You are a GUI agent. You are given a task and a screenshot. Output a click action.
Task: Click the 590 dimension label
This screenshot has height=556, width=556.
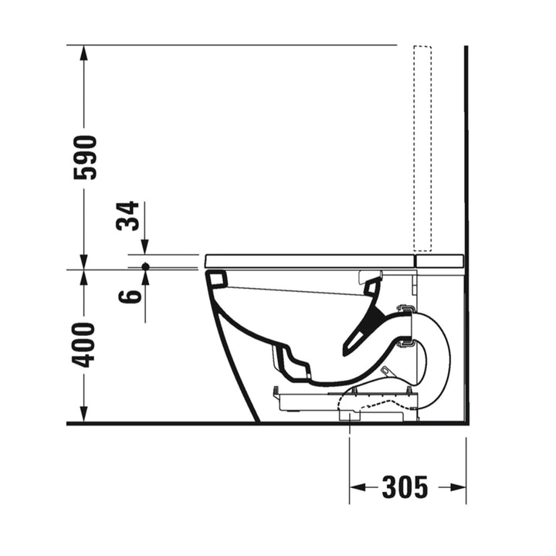(85, 158)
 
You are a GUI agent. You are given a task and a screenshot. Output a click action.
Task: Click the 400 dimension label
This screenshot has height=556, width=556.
(83, 345)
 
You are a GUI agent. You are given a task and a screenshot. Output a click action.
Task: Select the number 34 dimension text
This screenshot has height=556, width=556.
(127, 216)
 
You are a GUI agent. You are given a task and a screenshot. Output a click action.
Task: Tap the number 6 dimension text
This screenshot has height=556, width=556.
(130, 297)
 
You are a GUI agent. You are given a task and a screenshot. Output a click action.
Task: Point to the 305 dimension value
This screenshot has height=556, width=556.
(405, 487)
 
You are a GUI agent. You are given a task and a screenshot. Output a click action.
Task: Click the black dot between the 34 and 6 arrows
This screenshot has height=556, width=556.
(145, 266)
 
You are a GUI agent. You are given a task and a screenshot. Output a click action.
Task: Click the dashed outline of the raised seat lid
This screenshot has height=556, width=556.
(422, 148)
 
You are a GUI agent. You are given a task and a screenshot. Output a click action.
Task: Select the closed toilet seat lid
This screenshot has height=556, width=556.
(310, 261)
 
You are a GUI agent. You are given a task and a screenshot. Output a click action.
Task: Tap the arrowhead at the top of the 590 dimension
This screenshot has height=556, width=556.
(83, 53)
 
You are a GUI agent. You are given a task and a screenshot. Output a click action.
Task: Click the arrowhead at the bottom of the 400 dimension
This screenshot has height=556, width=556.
(83, 415)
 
